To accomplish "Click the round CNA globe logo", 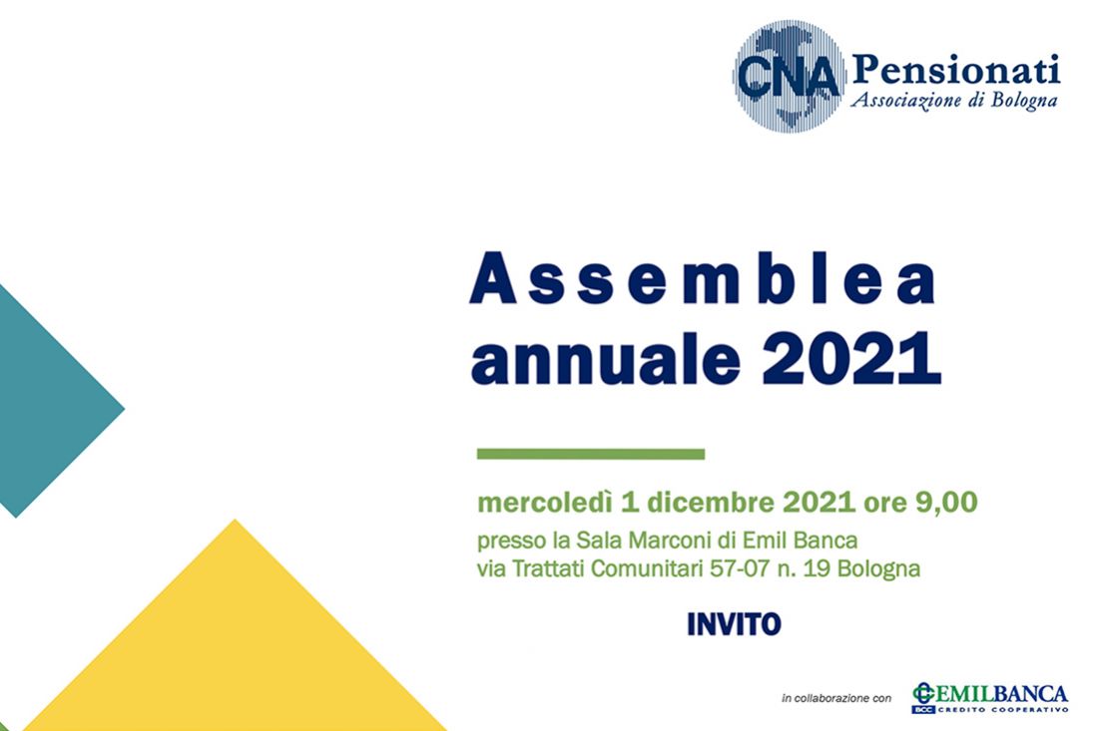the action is pos(789,76).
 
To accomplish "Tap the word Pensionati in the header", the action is pos(956,71).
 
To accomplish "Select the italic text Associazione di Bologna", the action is pos(953,101).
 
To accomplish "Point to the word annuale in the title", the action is pos(606,359).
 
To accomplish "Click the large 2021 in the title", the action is pos(851,357).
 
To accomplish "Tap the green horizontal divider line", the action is pos(590,454).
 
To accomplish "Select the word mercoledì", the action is pos(545,503).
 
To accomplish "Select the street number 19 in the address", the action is pos(817,568).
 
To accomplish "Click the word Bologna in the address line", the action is pos(878,568).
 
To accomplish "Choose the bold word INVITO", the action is pos(734,624).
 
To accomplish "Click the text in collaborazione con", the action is pos(836,698).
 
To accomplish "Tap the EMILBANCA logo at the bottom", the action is pos(989,698).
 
